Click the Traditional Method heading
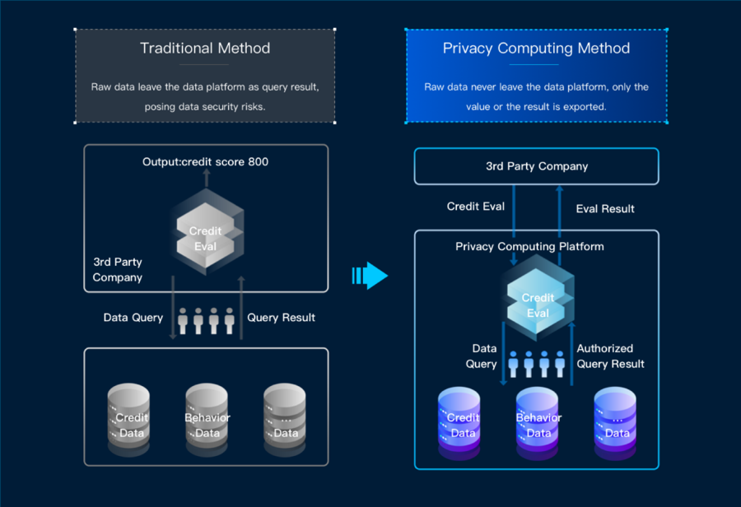pyautogui.click(x=205, y=48)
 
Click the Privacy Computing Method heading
pyautogui.click(x=536, y=48)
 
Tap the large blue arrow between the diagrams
pyautogui.click(x=370, y=276)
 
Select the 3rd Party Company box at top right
pyautogui.click(x=537, y=166)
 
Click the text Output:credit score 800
pyautogui.click(x=205, y=161)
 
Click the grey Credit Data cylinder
pyautogui.click(x=129, y=420)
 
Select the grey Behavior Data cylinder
pyautogui.click(x=207, y=420)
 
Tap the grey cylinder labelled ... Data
pyautogui.click(x=285, y=420)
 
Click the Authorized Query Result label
pyautogui.click(x=610, y=356)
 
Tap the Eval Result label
pyautogui.click(x=605, y=209)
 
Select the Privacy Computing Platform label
pyautogui.click(x=529, y=246)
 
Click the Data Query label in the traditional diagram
pyautogui.click(x=133, y=318)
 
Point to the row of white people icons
pyautogui.click(x=207, y=321)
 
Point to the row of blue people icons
pyautogui.click(x=536, y=364)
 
